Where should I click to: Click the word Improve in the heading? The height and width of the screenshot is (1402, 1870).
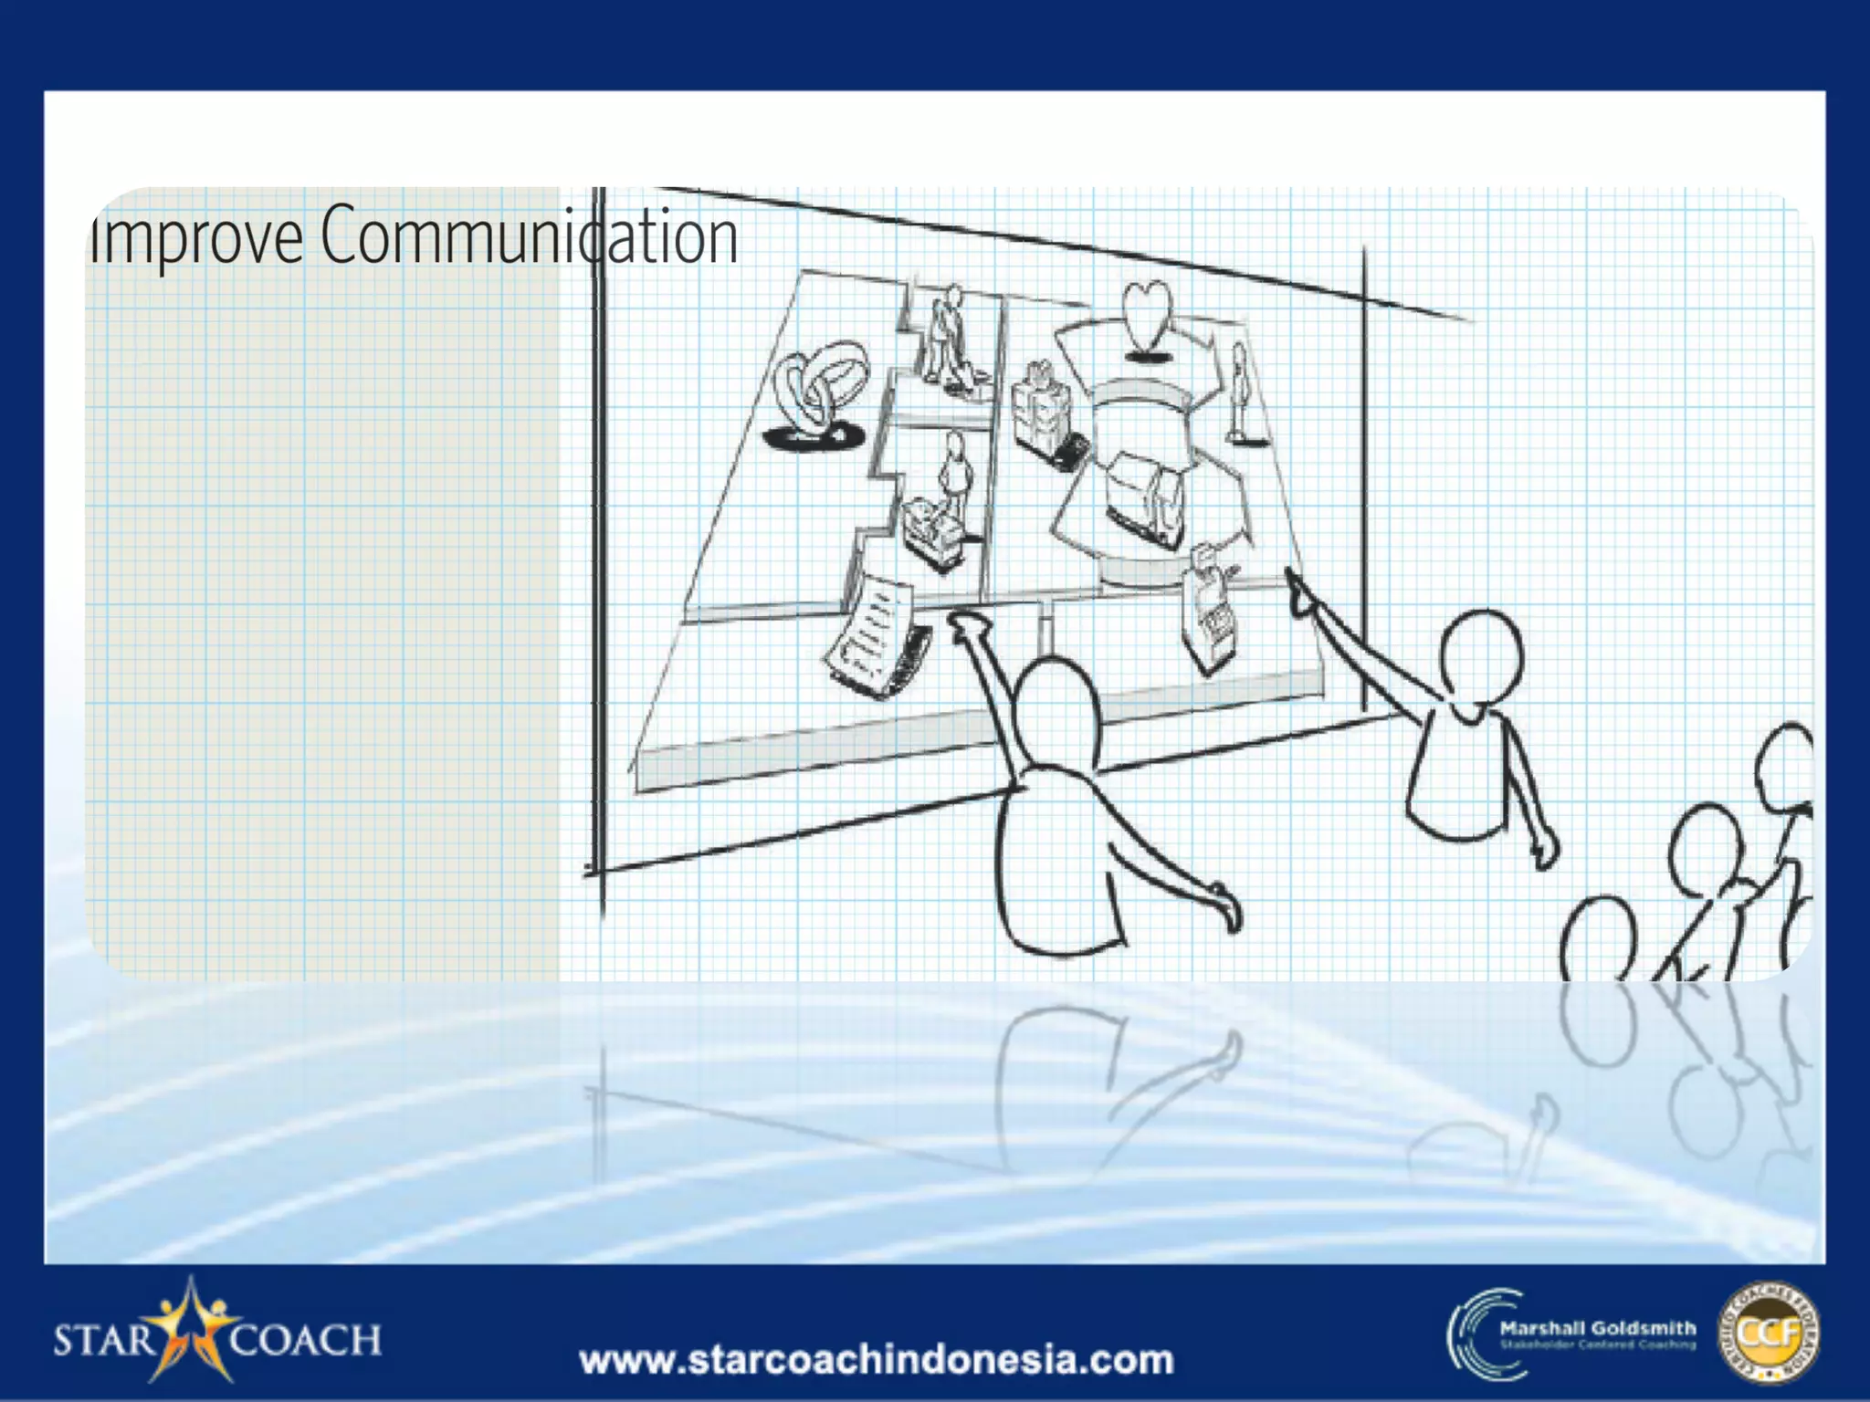(195, 236)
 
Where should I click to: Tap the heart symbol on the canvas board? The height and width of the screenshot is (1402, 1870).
(1146, 315)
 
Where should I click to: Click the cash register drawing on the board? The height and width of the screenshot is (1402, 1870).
(1210, 607)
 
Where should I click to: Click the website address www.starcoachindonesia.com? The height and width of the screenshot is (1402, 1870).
(877, 1360)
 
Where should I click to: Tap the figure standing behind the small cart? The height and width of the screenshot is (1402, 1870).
(953, 475)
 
